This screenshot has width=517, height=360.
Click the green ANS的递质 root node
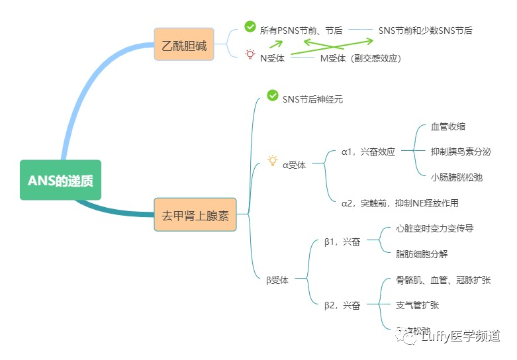[60, 180]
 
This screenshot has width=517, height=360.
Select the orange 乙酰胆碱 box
[184, 44]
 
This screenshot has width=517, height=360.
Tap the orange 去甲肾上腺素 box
[195, 214]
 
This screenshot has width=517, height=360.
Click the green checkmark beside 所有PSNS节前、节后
[250, 26]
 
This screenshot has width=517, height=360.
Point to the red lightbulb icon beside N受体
[250, 55]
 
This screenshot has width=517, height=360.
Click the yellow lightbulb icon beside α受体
[272, 161]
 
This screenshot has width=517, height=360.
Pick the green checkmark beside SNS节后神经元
[272, 95]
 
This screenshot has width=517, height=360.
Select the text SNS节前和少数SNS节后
[425, 30]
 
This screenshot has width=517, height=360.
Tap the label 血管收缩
[444, 126]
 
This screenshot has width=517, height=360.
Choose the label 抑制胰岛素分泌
[461, 152]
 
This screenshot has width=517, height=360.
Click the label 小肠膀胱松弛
[457, 177]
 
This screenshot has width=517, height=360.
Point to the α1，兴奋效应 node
[368, 152]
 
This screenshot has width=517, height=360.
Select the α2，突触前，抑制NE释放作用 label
[400, 203]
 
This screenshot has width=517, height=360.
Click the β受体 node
[277, 280]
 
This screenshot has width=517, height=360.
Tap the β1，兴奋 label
[342, 242]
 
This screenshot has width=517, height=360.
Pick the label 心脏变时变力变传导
[434, 228]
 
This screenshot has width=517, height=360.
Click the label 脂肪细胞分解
[422, 253]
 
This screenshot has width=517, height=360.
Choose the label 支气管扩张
[417, 305]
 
